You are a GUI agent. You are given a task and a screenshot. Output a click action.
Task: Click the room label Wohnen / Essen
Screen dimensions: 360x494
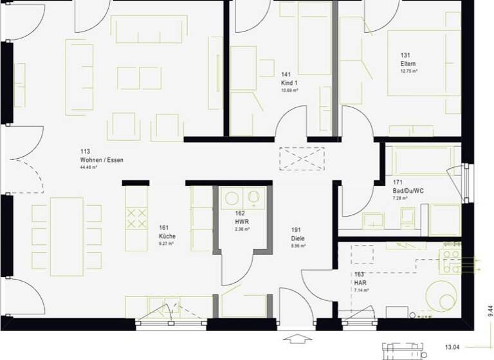101,159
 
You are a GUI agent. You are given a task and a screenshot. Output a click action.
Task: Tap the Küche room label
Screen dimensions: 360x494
167,236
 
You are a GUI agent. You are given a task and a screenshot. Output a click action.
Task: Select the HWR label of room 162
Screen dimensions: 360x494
241,221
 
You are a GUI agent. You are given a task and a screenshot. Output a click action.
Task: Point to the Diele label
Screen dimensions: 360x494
297,237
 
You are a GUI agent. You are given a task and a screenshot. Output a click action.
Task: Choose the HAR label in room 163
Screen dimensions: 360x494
360,282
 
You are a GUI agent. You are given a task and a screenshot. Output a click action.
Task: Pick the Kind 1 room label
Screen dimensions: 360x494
289,83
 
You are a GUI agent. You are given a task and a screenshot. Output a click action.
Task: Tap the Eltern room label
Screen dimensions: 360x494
408,64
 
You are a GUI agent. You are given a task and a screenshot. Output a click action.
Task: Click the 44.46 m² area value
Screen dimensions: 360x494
89,167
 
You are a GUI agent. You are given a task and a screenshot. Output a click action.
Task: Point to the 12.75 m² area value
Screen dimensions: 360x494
409,71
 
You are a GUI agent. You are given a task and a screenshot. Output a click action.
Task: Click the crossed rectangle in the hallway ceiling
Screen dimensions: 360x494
302,157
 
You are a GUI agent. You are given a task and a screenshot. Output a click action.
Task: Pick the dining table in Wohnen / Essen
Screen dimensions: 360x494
67,231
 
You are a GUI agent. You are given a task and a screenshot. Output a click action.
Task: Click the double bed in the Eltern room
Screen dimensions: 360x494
423,62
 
